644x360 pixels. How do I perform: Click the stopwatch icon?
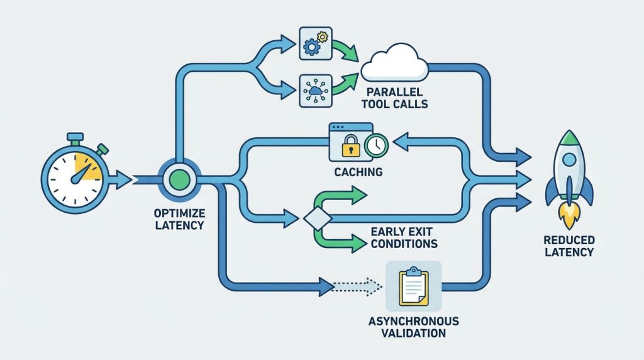[74, 177]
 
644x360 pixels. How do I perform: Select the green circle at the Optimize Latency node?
[179, 180]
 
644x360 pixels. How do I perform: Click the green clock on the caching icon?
[375, 145]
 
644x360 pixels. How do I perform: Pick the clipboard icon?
[414, 286]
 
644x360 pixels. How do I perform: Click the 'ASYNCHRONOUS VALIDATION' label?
[414, 327]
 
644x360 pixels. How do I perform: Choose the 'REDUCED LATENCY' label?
[570, 246]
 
